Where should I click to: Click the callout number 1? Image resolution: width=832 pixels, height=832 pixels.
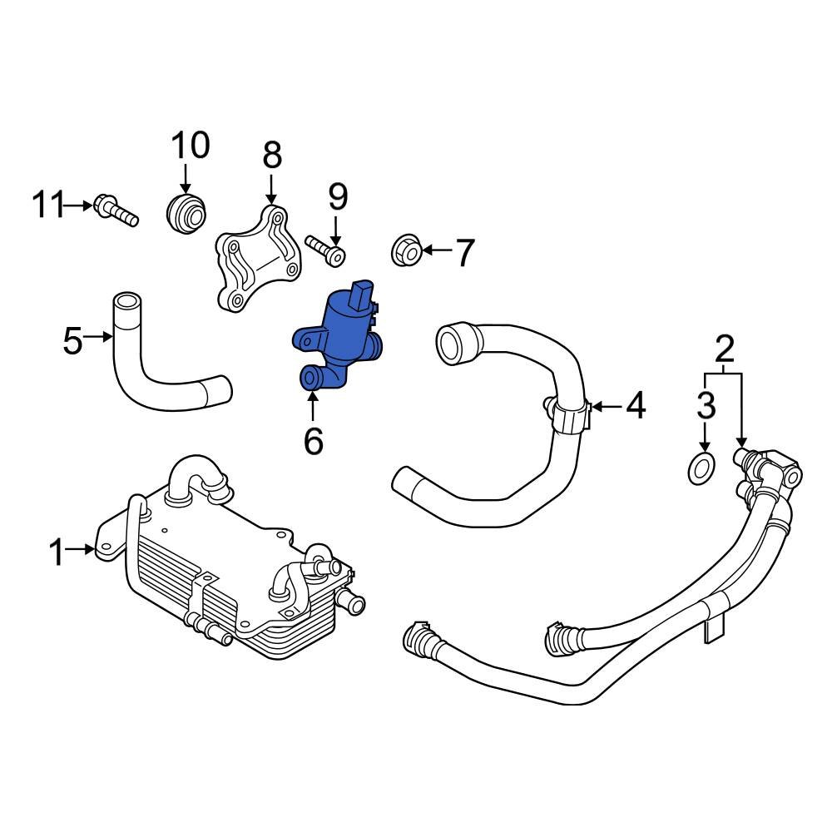pyautogui.click(x=56, y=552)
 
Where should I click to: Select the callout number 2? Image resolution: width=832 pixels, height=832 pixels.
pyautogui.click(x=725, y=348)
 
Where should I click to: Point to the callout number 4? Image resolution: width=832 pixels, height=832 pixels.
pyautogui.click(x=635, y=406)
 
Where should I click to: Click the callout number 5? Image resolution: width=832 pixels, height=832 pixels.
pyautogui.click(x=73, y=339)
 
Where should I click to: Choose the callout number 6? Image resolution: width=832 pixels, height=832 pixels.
pyautogui.click(x=313, y=440)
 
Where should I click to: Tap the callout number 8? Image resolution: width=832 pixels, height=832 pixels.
pyautogui.click(x=272, y=155)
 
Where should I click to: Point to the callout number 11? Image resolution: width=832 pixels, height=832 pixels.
pyautogui.click(x=48, y=204)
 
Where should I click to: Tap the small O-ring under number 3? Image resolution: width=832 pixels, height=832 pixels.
pyautogui.click(x=702, y=468)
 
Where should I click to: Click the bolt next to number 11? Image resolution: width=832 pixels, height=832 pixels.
pyautogui.click(x=115, y=210)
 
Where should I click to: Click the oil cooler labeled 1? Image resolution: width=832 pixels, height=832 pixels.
pyautogui.click(x=233, y=574)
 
